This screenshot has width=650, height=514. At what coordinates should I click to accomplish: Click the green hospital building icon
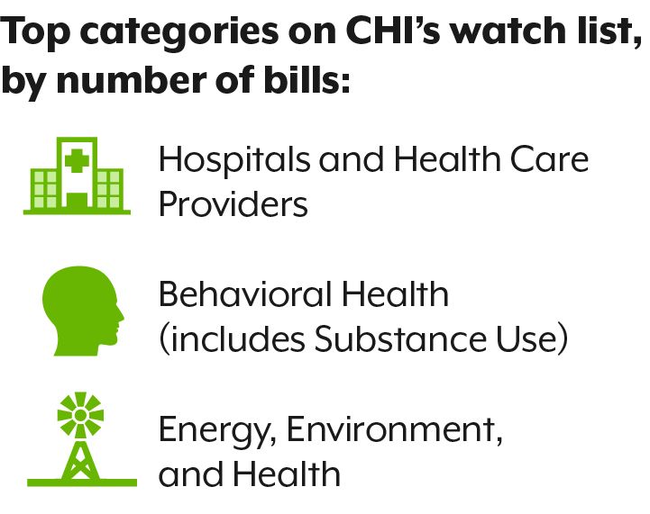click(x=77, y=176)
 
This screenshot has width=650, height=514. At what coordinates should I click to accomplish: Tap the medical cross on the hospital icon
click(x=77, y=160)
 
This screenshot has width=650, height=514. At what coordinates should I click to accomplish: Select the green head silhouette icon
click(x=83, y=311)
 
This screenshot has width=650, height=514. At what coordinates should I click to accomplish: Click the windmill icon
click(x=82, y=439)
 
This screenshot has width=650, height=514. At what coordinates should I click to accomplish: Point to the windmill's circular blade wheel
click(x=80, y=415)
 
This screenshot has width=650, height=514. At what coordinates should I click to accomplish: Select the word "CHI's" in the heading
click(x=393, y=30)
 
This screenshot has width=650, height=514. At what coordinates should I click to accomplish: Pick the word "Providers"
click(x=233, y=203)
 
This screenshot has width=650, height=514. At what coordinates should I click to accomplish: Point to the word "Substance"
click(x=400, y=338)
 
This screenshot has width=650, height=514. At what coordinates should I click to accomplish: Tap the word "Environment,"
click(x=394, y=429)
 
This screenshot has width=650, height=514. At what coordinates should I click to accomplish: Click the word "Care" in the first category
click(x=549, y=159)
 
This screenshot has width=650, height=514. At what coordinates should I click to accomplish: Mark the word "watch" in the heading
click(x=508, y=30)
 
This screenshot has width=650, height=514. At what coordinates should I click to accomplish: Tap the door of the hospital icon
click(x=78, y=200)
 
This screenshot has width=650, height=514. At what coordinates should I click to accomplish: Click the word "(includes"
click(x=233, y=339)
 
